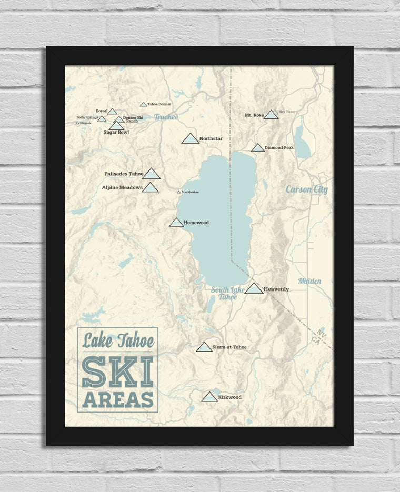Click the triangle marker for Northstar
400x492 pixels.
pyautogui.click(x=190, y=139)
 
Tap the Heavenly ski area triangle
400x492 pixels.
pyautogui.click(x=254, y=288)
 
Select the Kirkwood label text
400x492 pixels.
pyautogui.click(x=229, y=397)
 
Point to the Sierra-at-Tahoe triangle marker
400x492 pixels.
pyautogui.click(x=204, y=347)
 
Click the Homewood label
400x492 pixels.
pyautogui.click(x=196, y=223)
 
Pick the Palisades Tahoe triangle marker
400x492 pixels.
pyautogui.click(x=151, y=174)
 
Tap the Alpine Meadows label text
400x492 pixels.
pyautogui.click(x=122, y=187)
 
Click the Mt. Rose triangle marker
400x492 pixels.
pyautogui.click(x=271, y=115)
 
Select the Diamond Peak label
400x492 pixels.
pyautogui.click(x=279, y=148)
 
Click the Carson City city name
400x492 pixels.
pyautogui.click(x=306, y=189)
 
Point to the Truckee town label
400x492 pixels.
pyautogui.click(x=166, y=117)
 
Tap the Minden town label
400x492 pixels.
pyautogui.click(x=309, y=281)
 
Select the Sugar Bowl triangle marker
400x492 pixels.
pyautogui.click(x=116, y=126)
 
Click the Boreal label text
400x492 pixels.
pyautogui.click(x=102, y=111)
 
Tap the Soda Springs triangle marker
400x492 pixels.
pyautogui.click(x=102, y=118)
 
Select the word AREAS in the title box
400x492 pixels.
pyautogui.click(x=118, y=399)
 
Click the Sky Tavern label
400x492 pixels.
pyautogui.click(x=288, y=112)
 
